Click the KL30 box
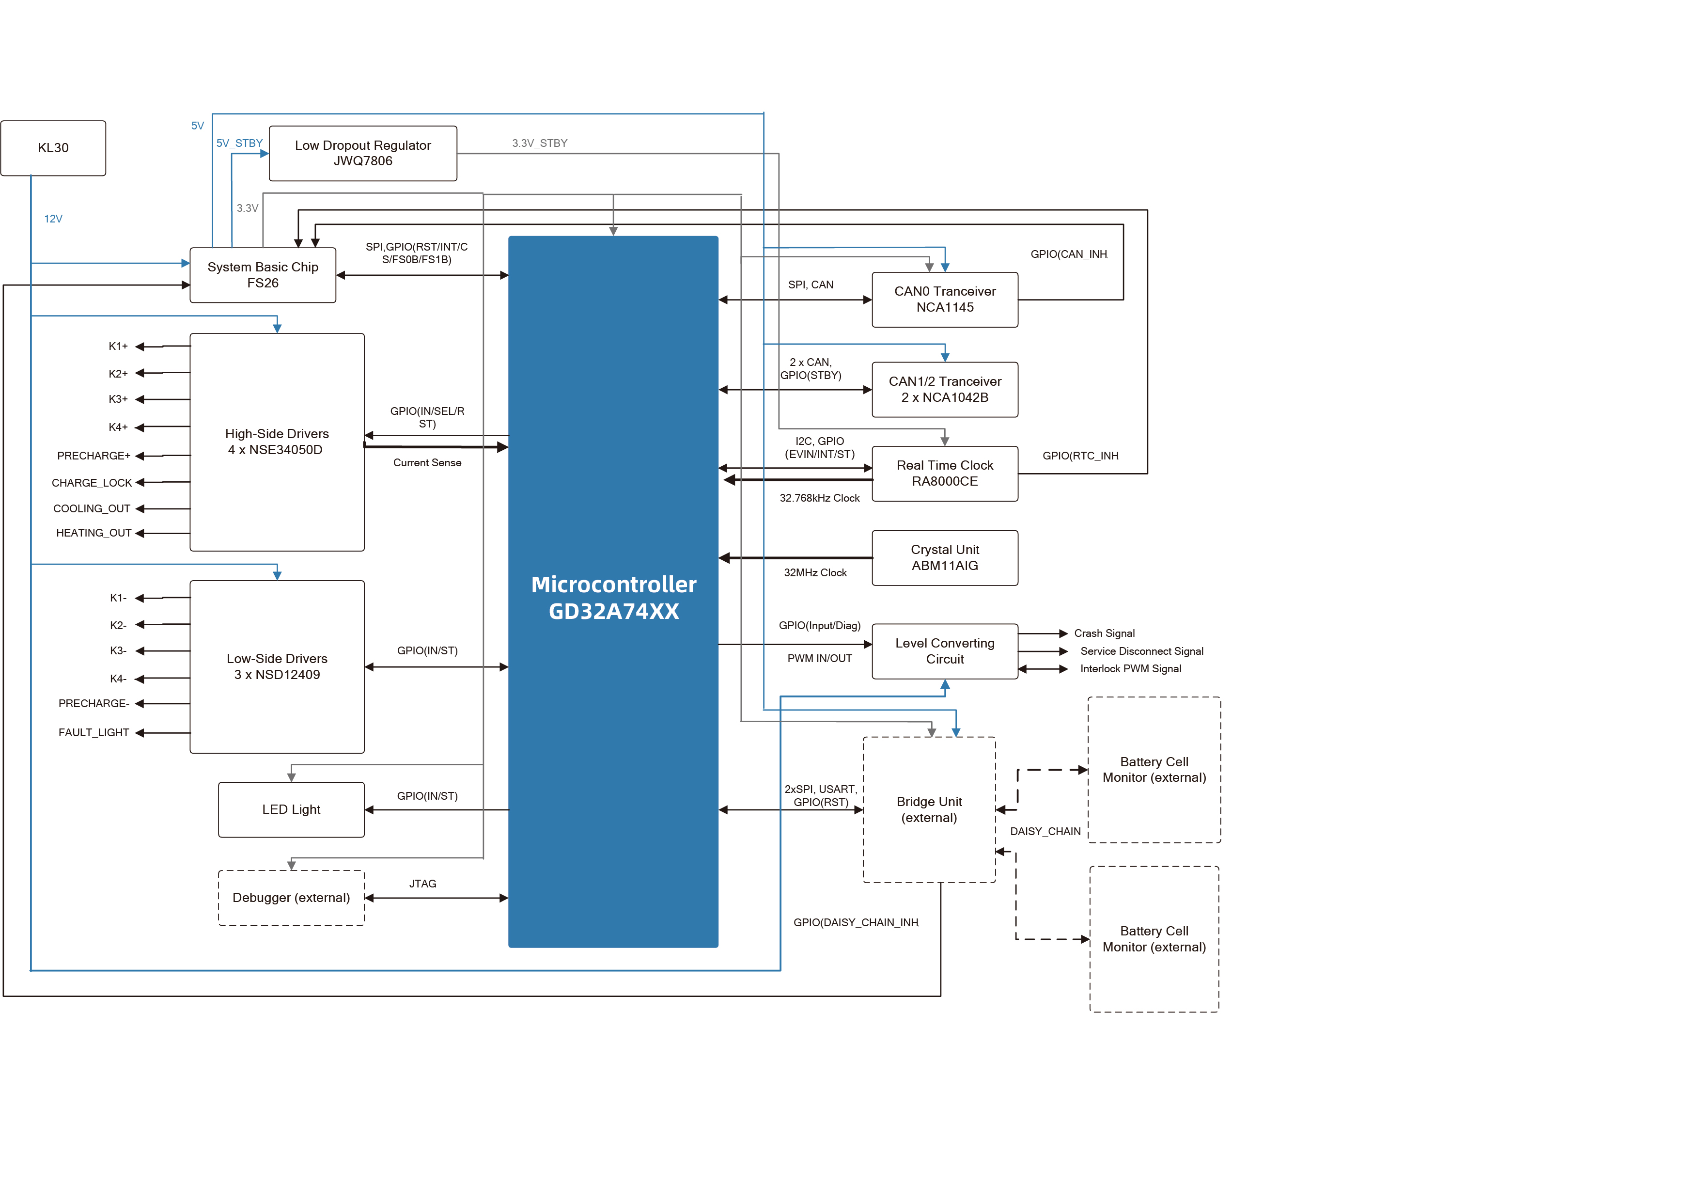tap(53, 148)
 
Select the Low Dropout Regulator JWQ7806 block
tap(363, 153)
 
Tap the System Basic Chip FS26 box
tap(263, 275)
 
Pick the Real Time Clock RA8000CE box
tap(945, 473)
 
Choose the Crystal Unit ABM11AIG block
tap(945, 558)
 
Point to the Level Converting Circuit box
tap(945, 651)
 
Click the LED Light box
tap(291, 809)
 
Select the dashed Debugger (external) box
tap(291, 898)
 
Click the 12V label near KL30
tap(53, 219)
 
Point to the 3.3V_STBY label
tap(540, 143)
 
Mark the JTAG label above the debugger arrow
tap(423, 884)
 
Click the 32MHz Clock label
tap(815, 572)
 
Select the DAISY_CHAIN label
tap(1045, 832)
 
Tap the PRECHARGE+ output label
tap(94, 456)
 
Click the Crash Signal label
tap(1104, 633)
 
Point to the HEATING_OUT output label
tap(94, 533)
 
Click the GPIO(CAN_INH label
tap(1068, 254)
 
